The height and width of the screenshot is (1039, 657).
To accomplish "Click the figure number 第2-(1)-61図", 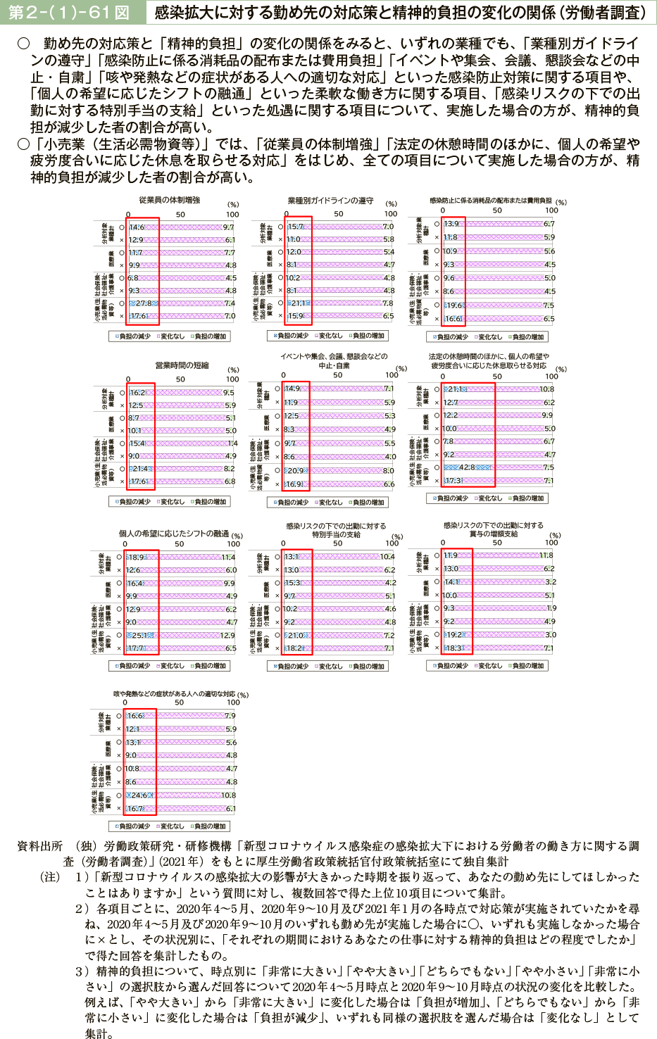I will point(68,12).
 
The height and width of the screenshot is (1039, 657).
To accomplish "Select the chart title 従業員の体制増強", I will point(169,200).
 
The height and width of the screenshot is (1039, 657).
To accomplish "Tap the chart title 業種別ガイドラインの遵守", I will point(330,201).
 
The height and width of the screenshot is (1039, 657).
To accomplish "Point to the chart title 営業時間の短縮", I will point(182,365).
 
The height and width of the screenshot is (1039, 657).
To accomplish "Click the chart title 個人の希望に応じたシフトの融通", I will point(173,534).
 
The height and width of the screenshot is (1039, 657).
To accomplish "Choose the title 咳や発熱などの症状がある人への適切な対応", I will point(174,694).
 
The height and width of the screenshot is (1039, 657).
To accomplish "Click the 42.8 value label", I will point(468,467).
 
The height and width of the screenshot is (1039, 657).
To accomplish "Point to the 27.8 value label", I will point(144,303).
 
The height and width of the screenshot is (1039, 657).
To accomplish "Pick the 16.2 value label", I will point(137,393).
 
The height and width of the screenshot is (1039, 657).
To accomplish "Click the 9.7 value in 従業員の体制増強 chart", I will point(228,227).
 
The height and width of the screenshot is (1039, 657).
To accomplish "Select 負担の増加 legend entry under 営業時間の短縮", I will point(209,502).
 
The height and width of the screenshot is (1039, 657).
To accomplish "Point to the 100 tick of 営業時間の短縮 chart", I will point(232,379).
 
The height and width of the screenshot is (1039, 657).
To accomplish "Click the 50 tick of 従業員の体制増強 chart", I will point(180,215).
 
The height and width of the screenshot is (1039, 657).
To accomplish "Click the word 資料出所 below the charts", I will point(39,846).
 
